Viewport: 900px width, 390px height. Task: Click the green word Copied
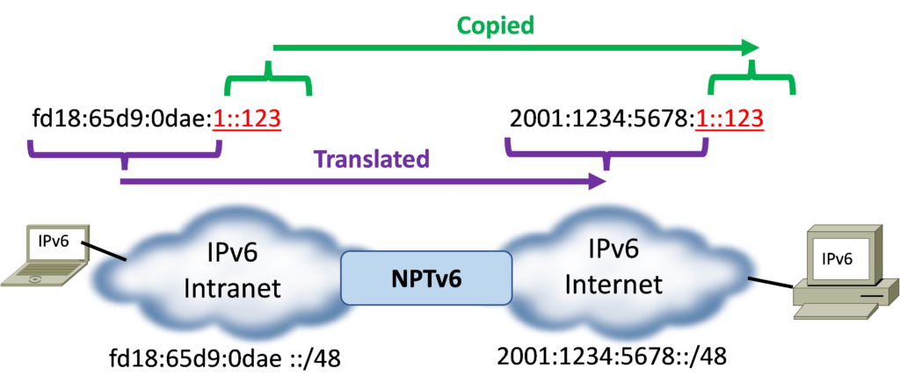[x=495, y=25]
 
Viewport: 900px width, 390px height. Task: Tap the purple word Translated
[x=372, y=159]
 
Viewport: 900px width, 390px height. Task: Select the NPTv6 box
[x=425, y=277]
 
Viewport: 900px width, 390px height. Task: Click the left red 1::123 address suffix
[x=247, y=119]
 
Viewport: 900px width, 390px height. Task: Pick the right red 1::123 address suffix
[x=729, y=119]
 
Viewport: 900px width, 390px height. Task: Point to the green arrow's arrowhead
[x=751, y=47]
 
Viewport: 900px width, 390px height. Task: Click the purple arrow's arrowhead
[x=599, y=182]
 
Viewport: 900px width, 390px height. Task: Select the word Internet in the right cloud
[x=613, y=285]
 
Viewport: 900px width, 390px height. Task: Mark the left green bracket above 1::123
[x=269, y=82]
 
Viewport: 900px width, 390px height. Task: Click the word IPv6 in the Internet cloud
[x=613, y=250]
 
